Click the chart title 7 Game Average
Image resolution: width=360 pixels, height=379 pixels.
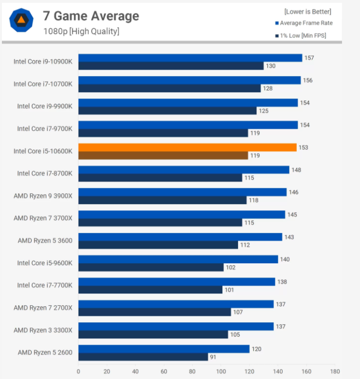91,16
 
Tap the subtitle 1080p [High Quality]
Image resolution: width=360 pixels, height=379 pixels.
81,32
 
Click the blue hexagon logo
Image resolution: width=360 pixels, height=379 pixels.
21,20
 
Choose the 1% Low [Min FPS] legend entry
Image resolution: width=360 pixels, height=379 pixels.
302,35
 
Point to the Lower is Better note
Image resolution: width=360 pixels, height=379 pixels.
308,11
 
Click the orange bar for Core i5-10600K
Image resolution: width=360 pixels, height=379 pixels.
187,147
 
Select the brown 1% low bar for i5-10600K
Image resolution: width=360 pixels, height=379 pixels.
163,155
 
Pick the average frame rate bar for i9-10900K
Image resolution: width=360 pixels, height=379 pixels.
190,58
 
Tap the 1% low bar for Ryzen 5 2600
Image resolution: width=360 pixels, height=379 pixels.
143,357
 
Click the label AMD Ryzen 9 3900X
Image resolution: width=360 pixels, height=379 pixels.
43,196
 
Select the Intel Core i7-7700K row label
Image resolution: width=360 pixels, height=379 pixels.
45,285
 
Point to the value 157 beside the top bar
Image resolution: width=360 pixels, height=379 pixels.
309,58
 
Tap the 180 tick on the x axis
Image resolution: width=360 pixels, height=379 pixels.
335,371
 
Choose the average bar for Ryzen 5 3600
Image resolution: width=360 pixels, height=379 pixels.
180,237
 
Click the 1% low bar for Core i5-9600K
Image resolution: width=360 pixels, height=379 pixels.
151,267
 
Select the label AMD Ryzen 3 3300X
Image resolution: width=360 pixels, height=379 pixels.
43,330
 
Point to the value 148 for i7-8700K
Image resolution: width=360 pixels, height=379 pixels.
297,170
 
